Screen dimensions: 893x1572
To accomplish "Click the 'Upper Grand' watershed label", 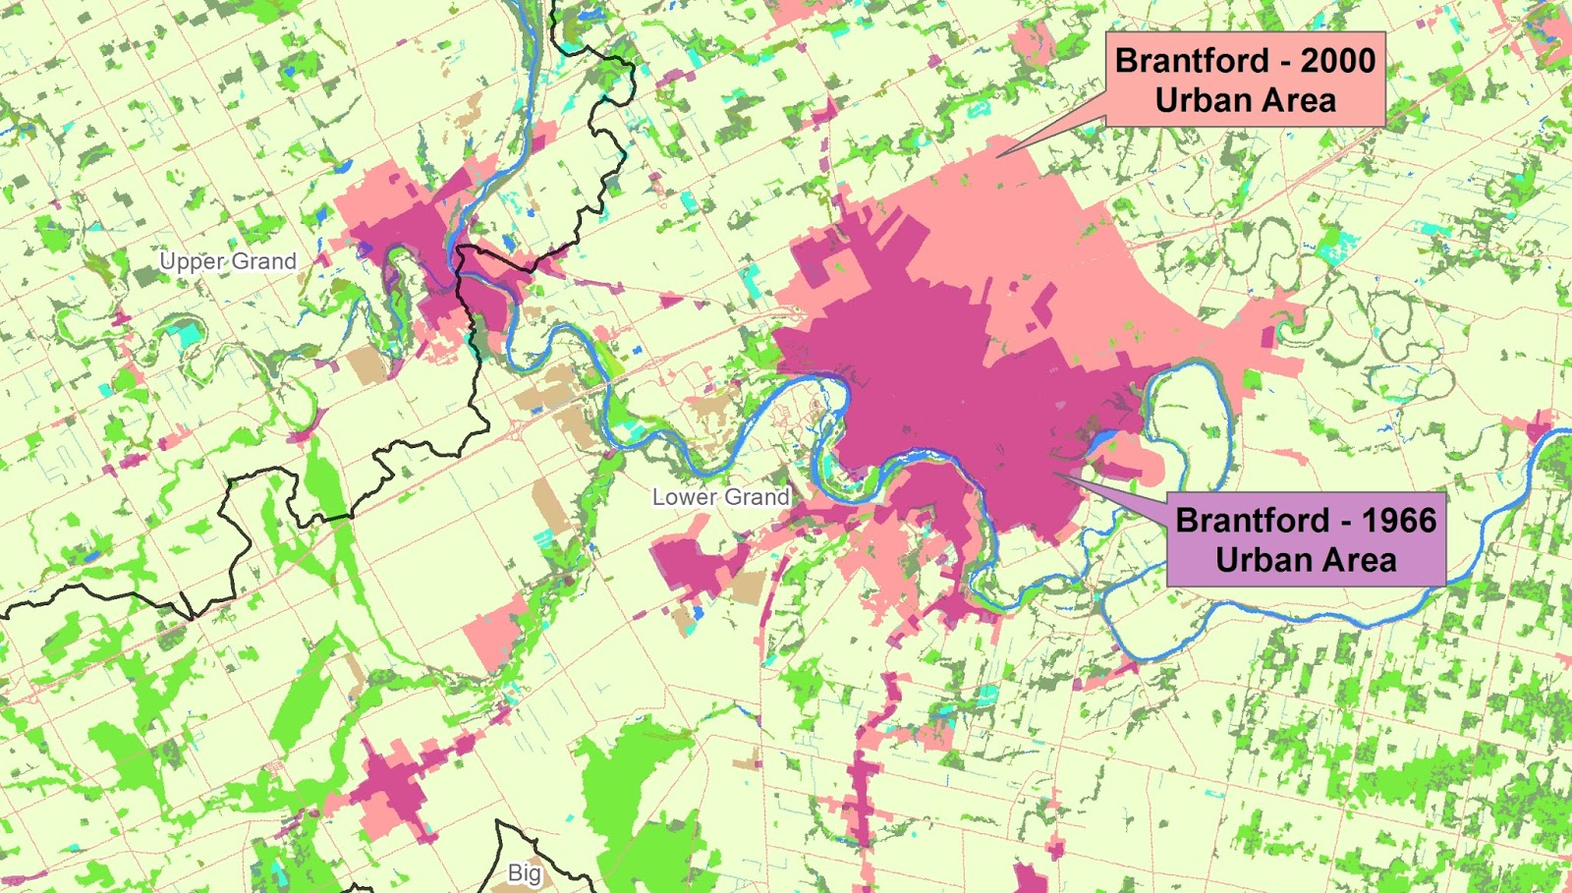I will pyautogui.click(x=228, y=261).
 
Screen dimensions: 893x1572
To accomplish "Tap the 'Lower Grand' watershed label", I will pyautogui.click(x=720, y=497).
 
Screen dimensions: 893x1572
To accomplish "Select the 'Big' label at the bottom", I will pyautogui.click(x=525, y=872).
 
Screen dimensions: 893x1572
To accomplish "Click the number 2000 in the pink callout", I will pyautogui.click(x=1338, y=61).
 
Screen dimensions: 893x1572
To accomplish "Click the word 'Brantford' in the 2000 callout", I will pyautogui.click(x=1192, y=61).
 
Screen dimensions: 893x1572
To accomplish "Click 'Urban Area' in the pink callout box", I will pyautogui.click(x=1245, y=100).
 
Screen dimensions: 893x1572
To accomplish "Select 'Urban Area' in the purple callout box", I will pyautogui.click(x=1306, y=560).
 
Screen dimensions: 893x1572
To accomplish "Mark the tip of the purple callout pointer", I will pyautogui.click(x=1053, y=474).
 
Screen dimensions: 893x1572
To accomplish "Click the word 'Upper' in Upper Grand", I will pyautogui.click(x=193, y=261).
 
